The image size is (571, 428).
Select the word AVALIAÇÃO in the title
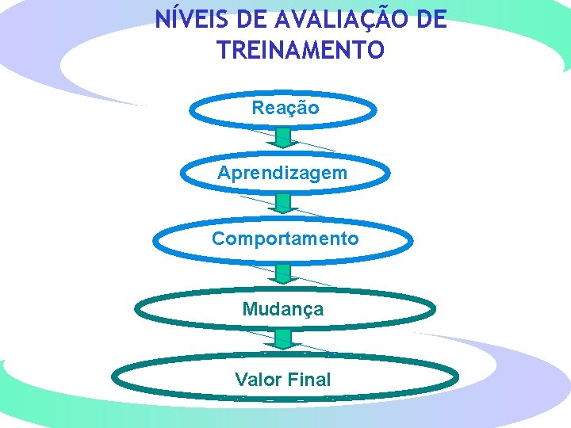click(x=324, y=19)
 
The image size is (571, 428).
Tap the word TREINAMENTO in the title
click(x=301, y=51)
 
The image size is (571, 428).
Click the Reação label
click(x=285, y=108)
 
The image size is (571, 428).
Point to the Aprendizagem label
click(x=282, y=172)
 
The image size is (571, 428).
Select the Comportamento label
click(x=285, y=239)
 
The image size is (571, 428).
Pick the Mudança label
click(x=283, y=309)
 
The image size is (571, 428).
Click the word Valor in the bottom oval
click(x=258, y=380)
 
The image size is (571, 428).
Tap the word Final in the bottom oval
click(x=310, y=380)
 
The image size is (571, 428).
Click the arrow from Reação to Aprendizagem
click(x=284, y=139)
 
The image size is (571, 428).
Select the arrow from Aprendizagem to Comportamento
click(x=284, y=204)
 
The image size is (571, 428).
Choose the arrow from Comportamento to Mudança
click(x=284, y=274)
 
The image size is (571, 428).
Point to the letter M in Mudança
click(x=249, y=309)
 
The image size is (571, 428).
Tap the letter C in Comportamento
click(x=217, y=239)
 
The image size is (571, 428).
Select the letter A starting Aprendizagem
click(x=224, y=172)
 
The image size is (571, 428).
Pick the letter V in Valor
click(x=241, y=380)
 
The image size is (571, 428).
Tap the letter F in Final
click(x=294, y=380)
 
